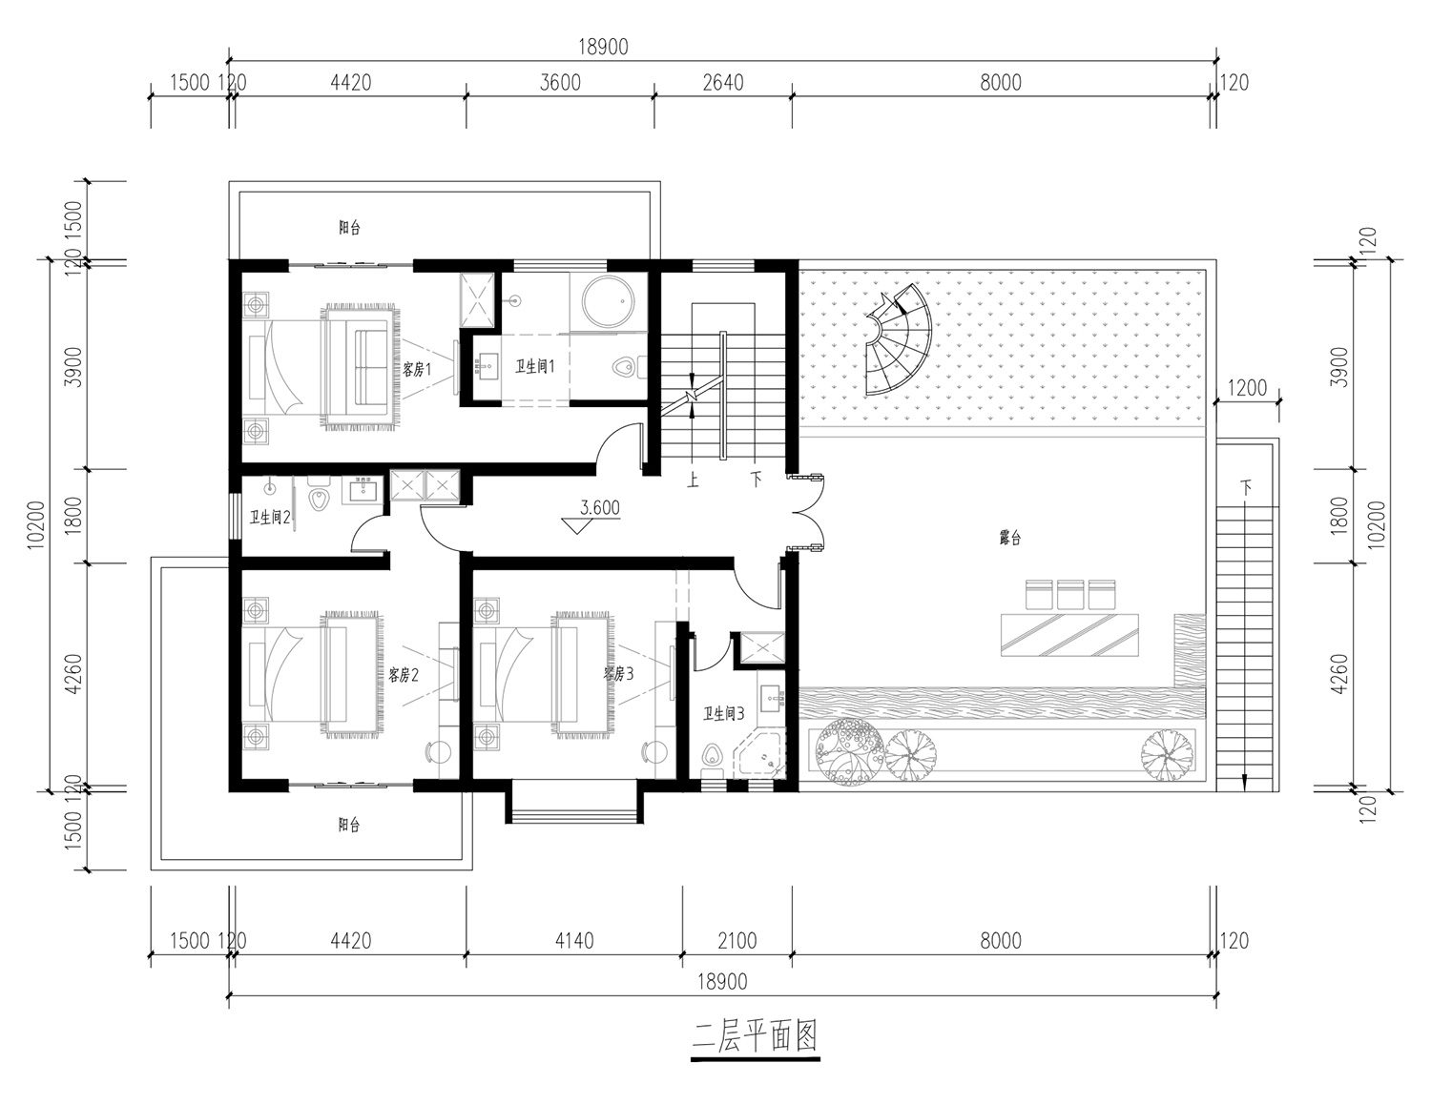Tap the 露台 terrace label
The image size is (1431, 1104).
click(x=1009, y=539)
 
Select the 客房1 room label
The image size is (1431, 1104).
click(x=417, y=370)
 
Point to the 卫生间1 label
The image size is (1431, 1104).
click(x=535, y=366)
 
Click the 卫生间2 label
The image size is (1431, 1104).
click(x=269, y=518)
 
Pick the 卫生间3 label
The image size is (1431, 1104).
click(x=724, y=714)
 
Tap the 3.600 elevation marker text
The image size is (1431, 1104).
click(x=600, y=508)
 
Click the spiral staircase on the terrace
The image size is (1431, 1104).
click(x=899, y=339)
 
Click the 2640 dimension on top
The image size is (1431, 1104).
click(x=723, y=83)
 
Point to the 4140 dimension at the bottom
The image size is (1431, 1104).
click(x=574, y=941)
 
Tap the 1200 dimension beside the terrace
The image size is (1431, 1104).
click(x=1247, y=388)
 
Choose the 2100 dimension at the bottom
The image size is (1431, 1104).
click(x=736, y=941)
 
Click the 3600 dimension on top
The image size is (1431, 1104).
click(x=560, y=83)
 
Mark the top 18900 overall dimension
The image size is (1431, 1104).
click(x=603, y=48)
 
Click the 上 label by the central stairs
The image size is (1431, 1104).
click(x=693, y=480)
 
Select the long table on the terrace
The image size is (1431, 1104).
click(x=1069, y=635)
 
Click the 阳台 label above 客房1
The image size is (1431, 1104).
click(x=350, y=228)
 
